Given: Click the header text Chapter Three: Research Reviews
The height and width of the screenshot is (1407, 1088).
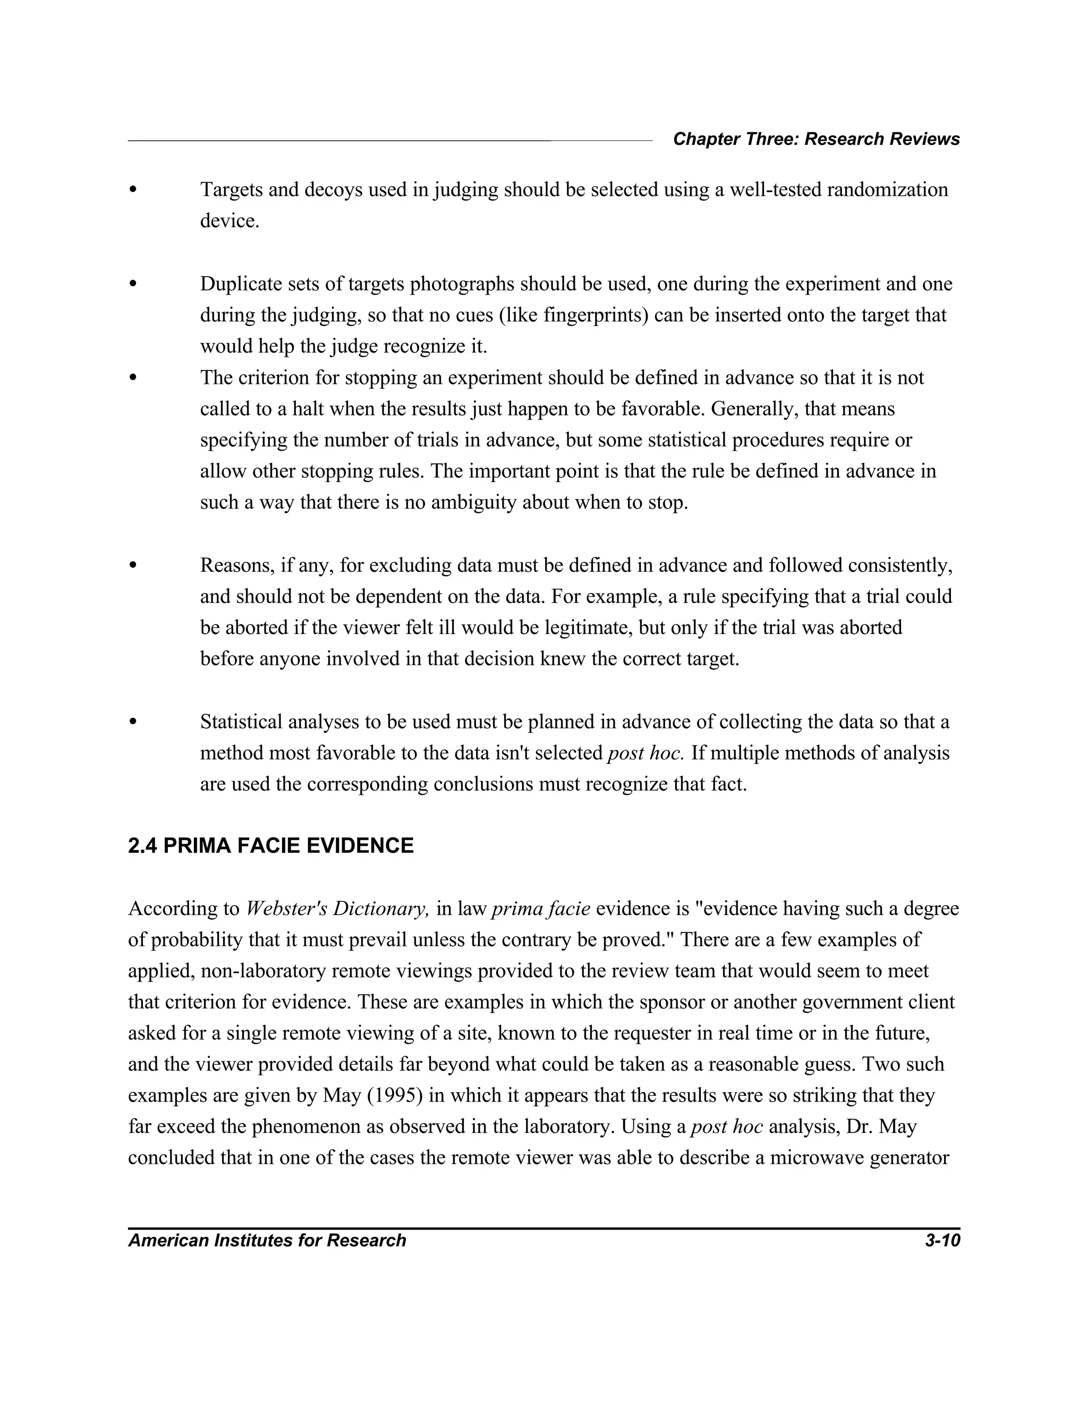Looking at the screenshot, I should click(816, 139).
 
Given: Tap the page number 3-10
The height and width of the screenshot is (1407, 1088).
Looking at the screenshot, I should click(942, 1240).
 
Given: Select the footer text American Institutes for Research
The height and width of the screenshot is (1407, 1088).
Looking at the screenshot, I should click(267, 1240).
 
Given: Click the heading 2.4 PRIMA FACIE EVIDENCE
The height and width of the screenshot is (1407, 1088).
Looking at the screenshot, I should click(271, 845).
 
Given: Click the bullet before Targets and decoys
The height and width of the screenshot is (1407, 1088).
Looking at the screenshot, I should click(133, 190).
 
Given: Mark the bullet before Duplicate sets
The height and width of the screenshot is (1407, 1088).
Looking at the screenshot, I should click(133, 284).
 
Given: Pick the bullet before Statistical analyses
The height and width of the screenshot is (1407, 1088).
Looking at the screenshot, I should click(133, 722).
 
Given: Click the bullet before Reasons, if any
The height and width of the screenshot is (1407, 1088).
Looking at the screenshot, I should click(133, 565).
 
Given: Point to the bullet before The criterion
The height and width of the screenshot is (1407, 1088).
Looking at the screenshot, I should click(133, 378).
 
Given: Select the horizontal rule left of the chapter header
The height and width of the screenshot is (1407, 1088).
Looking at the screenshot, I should click(390, 140).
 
